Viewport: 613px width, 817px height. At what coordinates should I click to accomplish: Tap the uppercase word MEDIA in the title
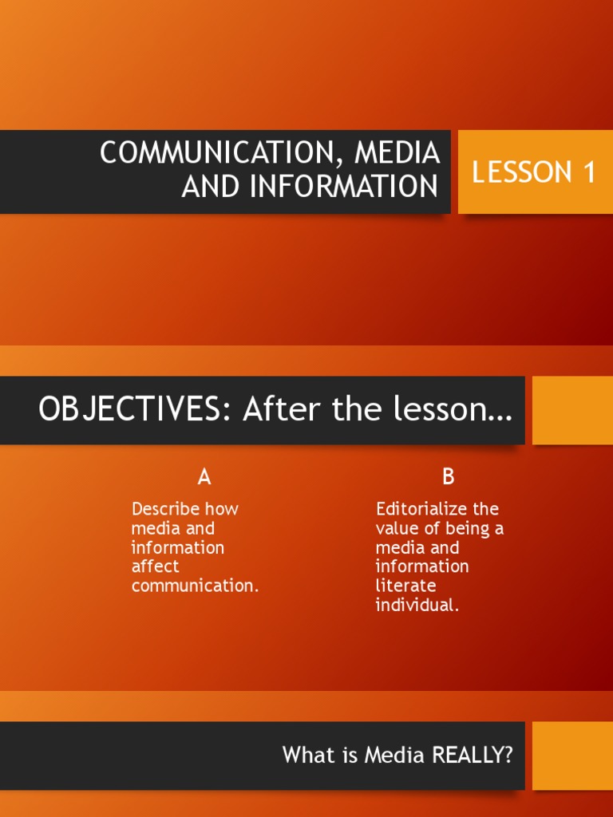click(397, 152)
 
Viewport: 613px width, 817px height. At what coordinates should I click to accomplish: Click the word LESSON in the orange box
click(521, 172)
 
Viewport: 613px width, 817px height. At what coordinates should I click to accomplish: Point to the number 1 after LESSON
click(589, 172)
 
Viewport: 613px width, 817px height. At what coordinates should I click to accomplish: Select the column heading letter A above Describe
click(204, 476)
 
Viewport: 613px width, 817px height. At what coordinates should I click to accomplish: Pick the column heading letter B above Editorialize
click(449, 476)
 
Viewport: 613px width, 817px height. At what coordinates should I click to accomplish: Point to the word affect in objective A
click(156, 566)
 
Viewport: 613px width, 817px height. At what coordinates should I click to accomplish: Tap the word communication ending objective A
click(195, 586)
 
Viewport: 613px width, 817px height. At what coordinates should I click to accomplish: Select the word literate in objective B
click(405, 586)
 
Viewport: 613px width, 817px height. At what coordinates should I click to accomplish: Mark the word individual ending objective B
click(417, 605)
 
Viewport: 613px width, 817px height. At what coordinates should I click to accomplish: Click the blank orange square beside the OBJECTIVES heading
click(572, 410)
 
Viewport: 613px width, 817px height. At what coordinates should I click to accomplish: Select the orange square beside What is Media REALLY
click(572, 756)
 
